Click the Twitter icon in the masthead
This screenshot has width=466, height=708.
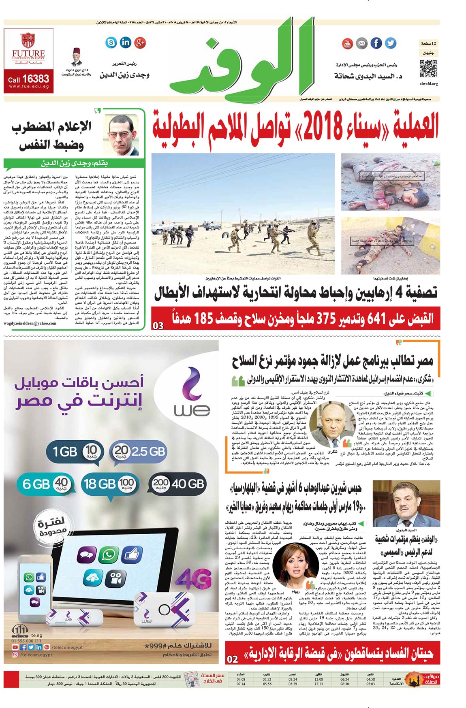pyautogui.click(x=390, y=43)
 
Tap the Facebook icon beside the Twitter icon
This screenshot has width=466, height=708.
pyautogui.click(x=376, y=43)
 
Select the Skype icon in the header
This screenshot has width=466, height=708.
pyautogui.click(x=111, y=42)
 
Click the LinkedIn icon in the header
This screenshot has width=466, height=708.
pyautogui.click(x=126, y=42)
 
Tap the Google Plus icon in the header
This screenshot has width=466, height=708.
pyautogui.click(x=140, y=42)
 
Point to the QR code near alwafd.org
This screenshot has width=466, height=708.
pyautogui.click(x=428, y=68)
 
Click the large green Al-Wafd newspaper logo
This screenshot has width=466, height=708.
pyautogui.click(x=243, y=61)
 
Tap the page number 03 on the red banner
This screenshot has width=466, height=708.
pyautogui.click(x=158, y=325)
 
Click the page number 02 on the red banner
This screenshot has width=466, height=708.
pyautogui.click(x=232, y=659)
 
